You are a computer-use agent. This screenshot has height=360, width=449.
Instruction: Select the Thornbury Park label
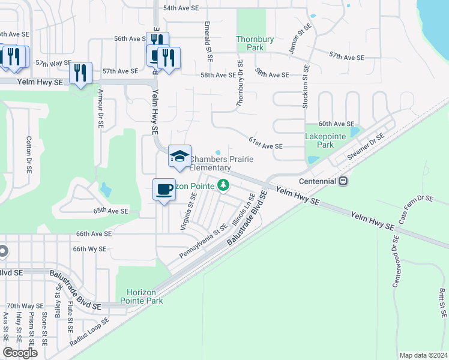tap(255, 43)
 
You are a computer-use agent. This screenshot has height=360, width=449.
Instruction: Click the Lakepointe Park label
tap(325, 140)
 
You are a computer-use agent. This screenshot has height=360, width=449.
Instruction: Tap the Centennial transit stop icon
tap(343, 181)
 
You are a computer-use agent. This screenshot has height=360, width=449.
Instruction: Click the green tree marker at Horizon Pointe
tap(223, 184)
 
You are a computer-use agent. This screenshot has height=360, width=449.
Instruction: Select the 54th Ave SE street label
tap(181, 8)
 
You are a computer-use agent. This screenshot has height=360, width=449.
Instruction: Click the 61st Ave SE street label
tap(265, 142)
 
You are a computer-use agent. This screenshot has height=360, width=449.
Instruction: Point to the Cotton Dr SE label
tap(28, 155)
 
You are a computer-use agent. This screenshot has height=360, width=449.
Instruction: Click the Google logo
tap(20, 353)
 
